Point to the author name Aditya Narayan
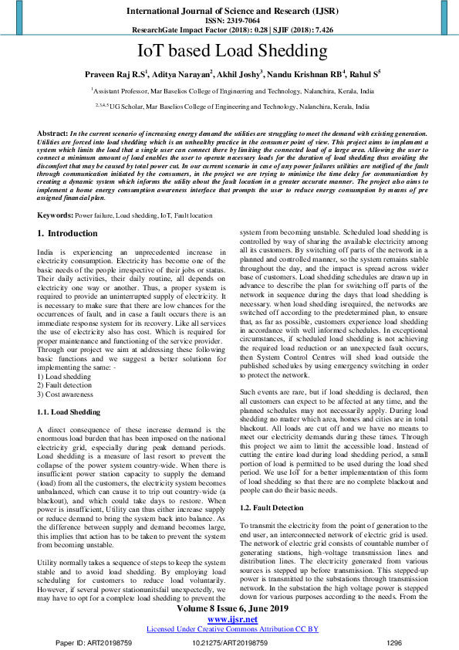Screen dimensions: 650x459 182,75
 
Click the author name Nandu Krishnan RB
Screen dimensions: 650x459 307,75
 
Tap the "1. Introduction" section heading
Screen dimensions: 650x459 68,233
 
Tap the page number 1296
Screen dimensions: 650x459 394,642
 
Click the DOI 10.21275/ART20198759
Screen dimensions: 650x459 229,642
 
